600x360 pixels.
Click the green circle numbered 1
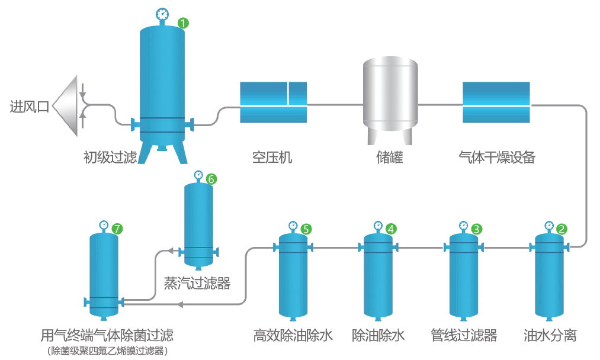point(184,23)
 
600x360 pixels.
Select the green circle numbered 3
point(476,228)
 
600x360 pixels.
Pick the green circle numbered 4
point(391,228)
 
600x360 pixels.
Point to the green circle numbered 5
point(306,228)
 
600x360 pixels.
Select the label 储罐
point(390,157)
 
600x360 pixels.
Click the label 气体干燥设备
point(497,157)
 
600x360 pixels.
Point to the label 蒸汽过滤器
point(197,284)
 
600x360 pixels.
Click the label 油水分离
point(550,336)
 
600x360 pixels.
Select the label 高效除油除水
point(293,336)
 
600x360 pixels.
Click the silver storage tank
point(390,98)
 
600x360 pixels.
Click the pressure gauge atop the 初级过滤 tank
point(162,14)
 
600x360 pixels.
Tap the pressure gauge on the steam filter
point(198,175)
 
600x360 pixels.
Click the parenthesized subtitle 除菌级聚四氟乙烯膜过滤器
point(107,351)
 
